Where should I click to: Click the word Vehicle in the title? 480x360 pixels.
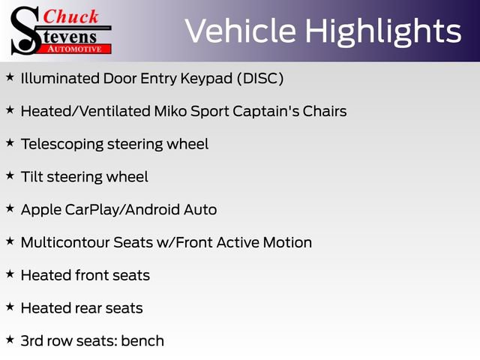[240, 31]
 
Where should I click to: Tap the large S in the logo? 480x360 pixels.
[25, 30]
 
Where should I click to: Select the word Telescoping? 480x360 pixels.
[61, 144]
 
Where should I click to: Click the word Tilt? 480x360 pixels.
[32, 177]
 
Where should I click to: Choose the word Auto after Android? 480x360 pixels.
[200, 209]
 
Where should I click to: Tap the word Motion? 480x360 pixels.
[287, 242]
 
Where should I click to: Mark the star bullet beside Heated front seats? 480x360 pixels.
[10, 274]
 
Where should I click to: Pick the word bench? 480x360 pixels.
[142, 340]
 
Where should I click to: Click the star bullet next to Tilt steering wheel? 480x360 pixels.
[10, 176]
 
